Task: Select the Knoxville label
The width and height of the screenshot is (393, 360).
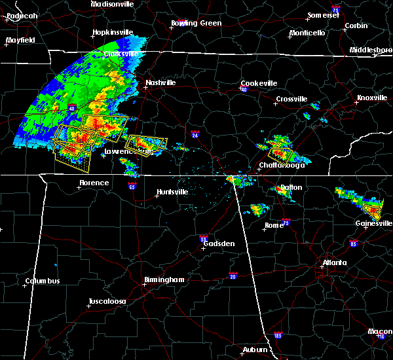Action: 371,98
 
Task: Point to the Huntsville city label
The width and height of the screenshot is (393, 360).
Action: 172,192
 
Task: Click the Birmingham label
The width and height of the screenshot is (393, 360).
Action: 164,279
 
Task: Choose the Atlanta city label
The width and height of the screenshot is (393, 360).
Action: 335,264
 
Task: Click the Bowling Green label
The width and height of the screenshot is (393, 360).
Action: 196,23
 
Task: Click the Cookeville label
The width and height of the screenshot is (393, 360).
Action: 259,83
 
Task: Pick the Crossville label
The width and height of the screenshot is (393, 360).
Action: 291,99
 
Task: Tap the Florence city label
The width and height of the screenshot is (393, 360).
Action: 94,183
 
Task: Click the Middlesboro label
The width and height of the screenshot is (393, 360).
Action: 371,50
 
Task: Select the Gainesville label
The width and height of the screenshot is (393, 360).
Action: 374,223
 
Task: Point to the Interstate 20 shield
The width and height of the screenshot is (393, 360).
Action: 233,276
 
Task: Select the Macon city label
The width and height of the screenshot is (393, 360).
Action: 381,331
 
